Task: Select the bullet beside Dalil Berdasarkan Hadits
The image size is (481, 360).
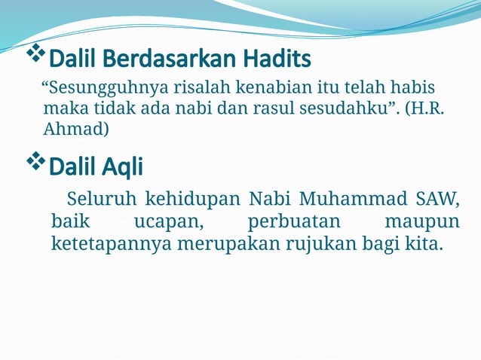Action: (35, 54)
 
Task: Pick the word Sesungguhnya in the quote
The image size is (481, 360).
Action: (93, 87)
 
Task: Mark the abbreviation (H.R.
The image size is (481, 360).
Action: (424, 108)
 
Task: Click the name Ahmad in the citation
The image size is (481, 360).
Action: (76, 130)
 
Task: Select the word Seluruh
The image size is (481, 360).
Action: (102, 200)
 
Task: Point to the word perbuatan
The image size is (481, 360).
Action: (294, 222)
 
